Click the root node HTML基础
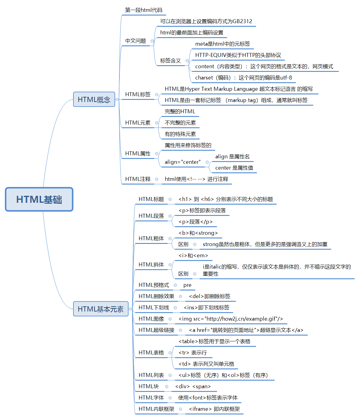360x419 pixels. tap(39, 199)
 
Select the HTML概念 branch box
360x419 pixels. tap(94, 100)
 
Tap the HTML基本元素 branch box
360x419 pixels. tap(101, 309)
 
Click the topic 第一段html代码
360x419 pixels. tap(143, 10)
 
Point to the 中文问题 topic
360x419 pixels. tap(136, 41)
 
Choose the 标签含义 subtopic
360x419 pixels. tap(170, 61)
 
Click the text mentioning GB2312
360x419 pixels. tap(206, 21)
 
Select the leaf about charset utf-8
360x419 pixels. tap(243, 78)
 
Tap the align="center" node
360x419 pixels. tap(182, 162)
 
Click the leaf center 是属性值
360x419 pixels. tap(234, 168)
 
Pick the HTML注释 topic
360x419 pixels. tap(138, 179)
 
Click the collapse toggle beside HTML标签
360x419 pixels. tap(157, 95)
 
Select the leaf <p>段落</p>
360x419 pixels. tap(196, 222)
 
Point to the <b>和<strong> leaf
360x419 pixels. tap(198, 233)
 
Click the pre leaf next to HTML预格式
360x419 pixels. tap(187, 285)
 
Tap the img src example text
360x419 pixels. tap(231, 319)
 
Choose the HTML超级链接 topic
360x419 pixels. tap(156, 330)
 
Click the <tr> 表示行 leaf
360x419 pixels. tap(192, 353)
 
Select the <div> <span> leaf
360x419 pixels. tap(193, 386)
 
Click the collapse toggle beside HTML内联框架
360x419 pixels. tap(180, 409)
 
